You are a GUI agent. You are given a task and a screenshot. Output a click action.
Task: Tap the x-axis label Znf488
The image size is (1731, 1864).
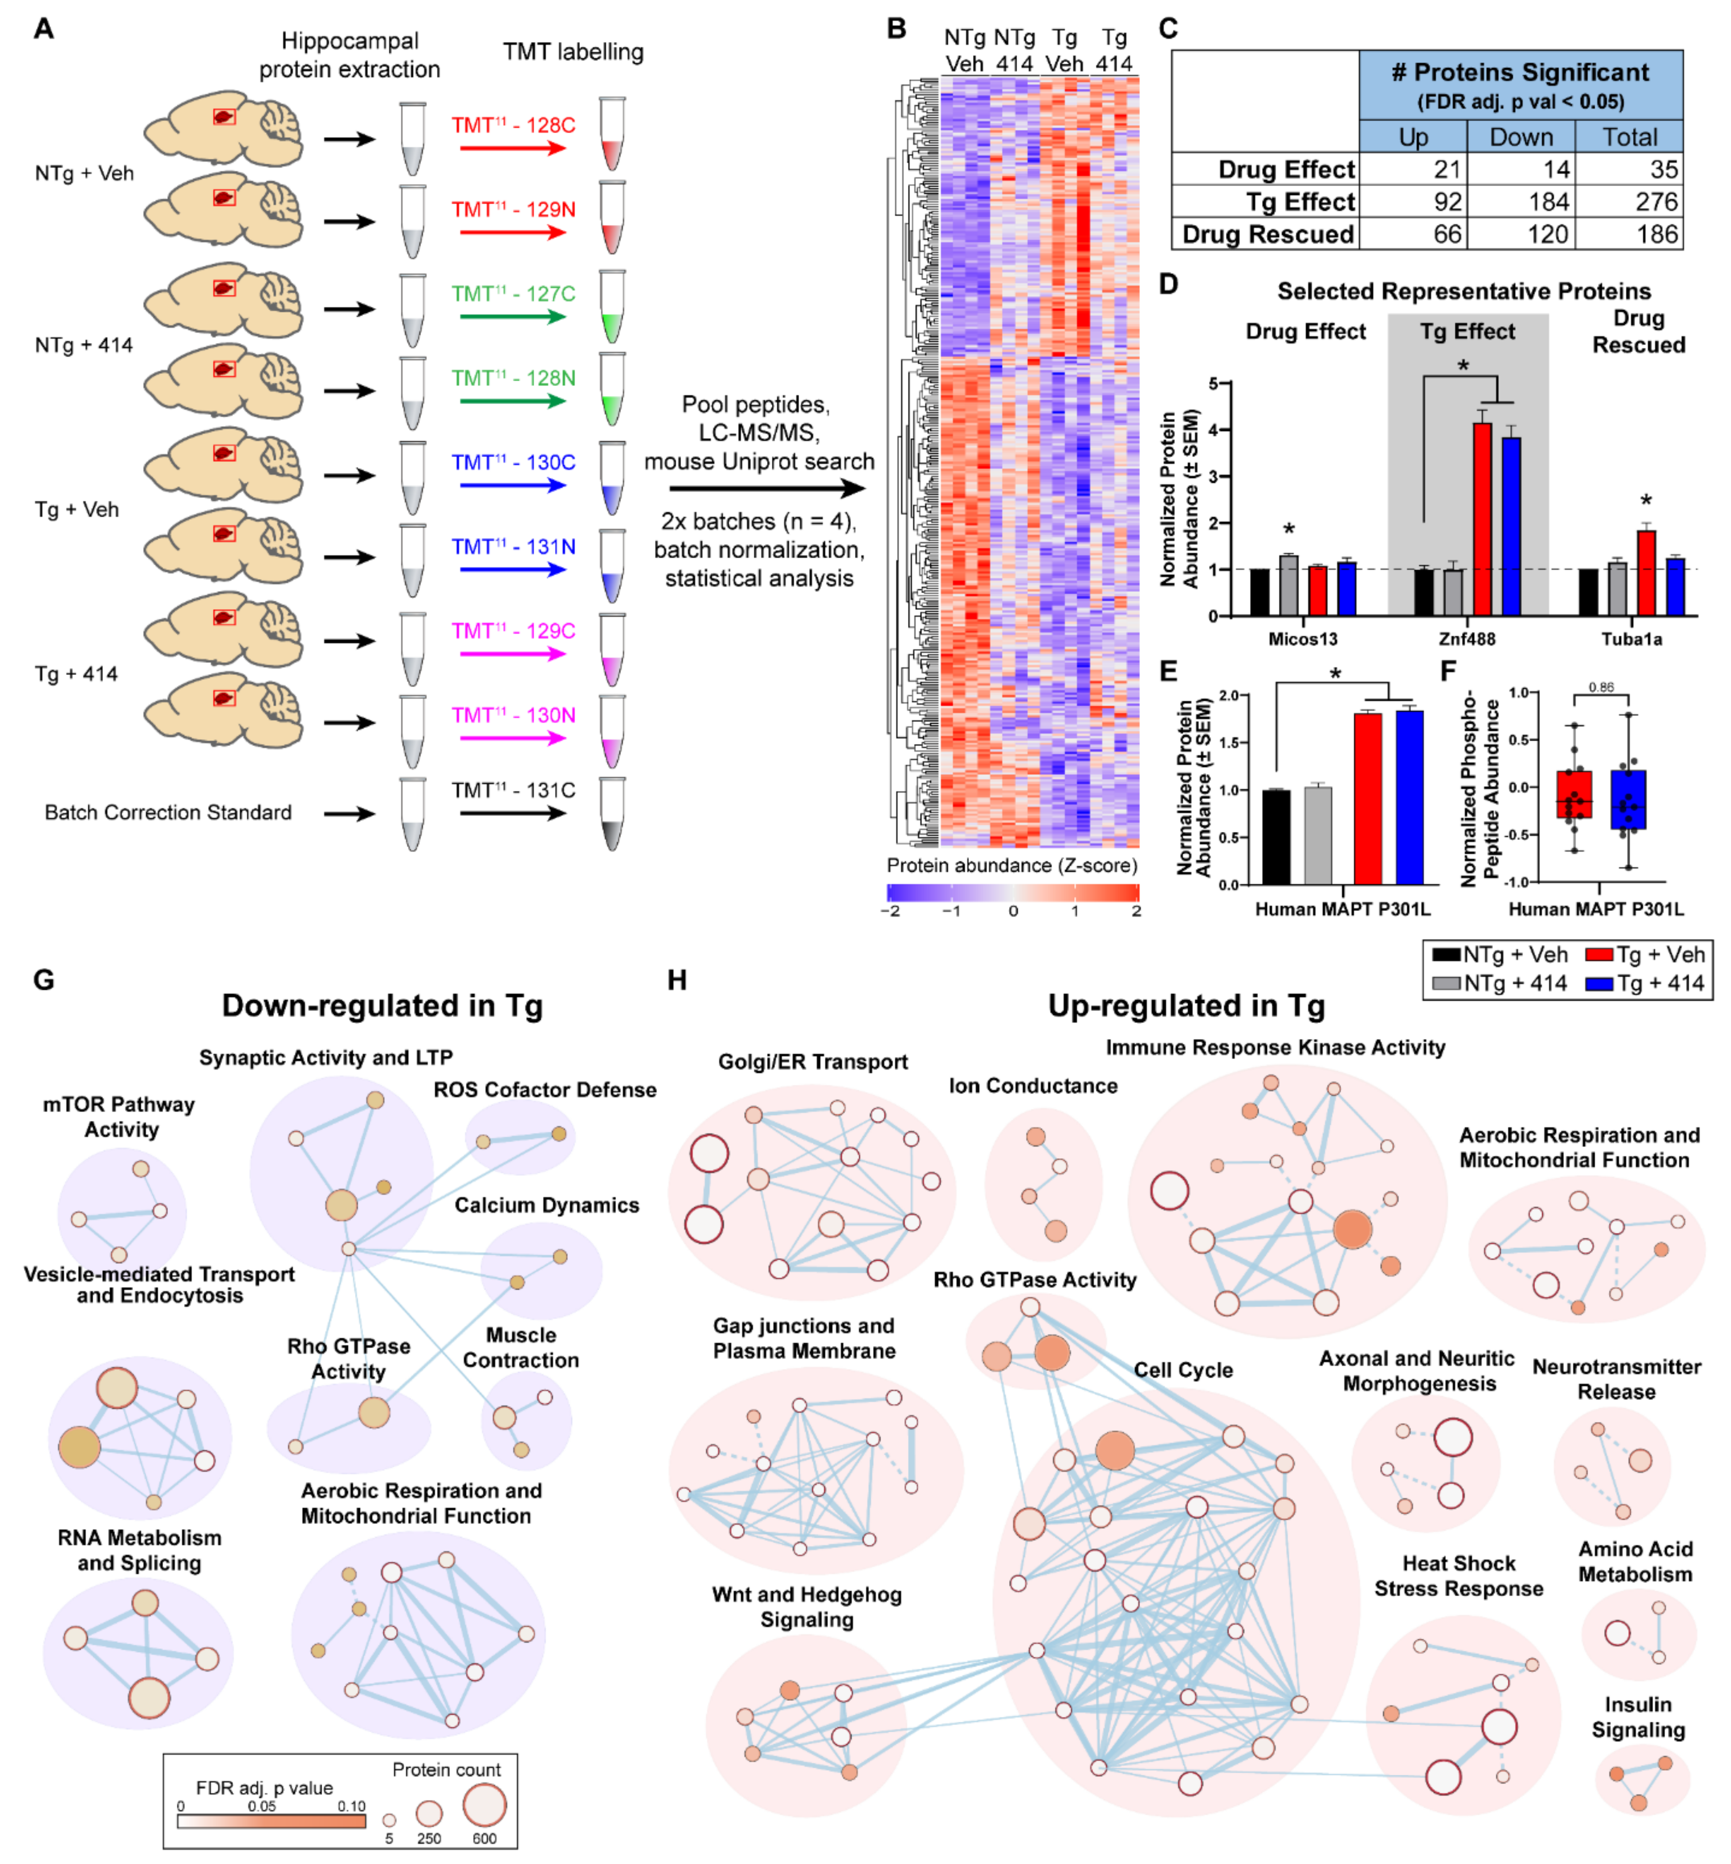pos(1467,639)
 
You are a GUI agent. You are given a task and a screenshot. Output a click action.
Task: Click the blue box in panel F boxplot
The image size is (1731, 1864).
pos(1628,799)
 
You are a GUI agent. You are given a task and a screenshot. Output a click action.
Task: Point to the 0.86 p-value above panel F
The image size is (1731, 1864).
pos(1601,687)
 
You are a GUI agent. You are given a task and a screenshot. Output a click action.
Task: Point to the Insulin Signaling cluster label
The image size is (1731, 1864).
pos(1638,1717)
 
